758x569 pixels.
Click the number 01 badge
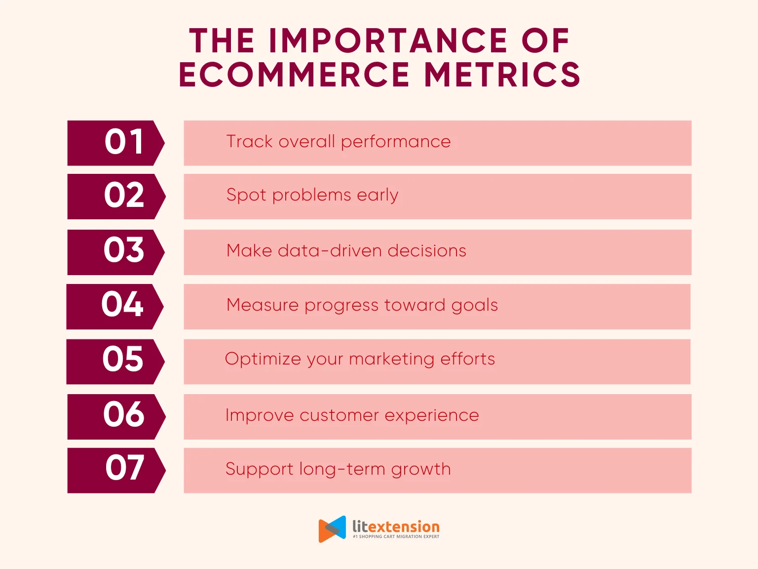pos(115,143)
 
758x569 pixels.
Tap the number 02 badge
pos(116,197)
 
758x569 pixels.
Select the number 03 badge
pos(115,252)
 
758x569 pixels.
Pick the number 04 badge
pos(114,306)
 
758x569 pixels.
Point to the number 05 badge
pos(115,362)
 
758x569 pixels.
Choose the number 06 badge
pos(116,417)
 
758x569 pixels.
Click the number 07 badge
pos(116,470)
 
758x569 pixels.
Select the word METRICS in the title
pos(502,74)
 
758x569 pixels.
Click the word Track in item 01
pos(249,141)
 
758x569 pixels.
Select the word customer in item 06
pos(339,415)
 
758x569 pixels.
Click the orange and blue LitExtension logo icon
pos(332,529)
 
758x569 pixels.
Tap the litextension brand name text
pos(396,527)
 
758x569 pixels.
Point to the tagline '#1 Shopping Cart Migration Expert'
pos(396,536)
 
